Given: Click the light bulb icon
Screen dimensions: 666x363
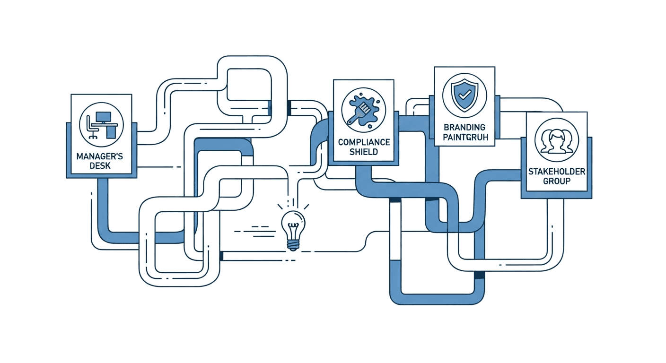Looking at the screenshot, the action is pos(293,227).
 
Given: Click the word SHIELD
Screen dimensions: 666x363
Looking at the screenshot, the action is pos(363,152).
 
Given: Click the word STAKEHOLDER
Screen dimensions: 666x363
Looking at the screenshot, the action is pos(556,172).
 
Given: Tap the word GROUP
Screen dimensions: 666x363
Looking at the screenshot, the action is pos(556,181).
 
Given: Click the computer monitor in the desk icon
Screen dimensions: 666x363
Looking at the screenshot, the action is pos(103,117).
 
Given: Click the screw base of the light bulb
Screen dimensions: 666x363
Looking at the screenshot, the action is pos(293,243).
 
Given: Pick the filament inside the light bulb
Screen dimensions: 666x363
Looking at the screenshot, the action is pos(293,225).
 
